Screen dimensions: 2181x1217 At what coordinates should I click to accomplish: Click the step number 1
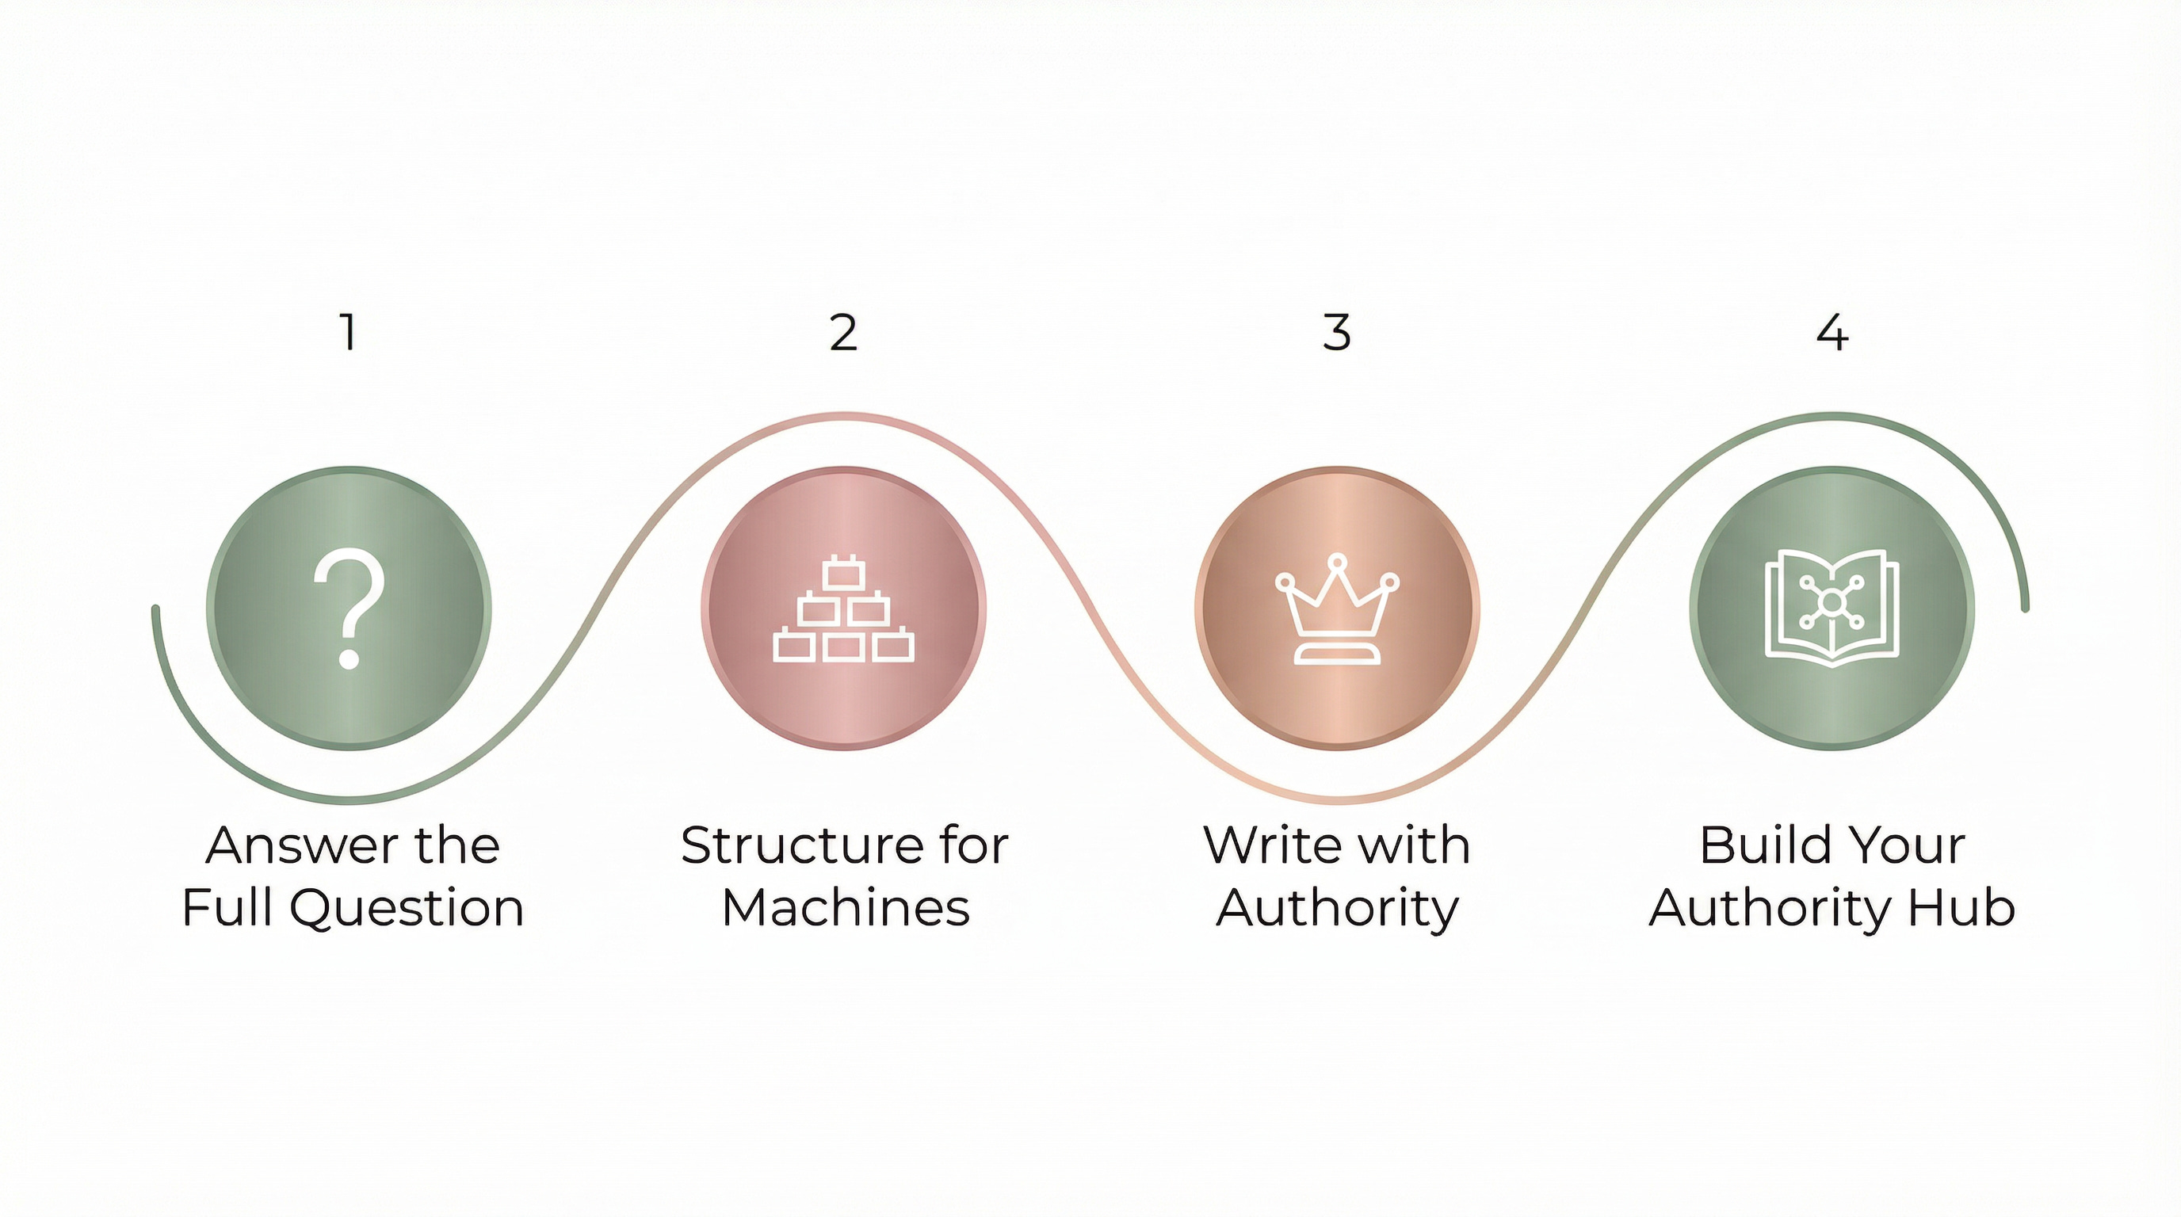[x=348, y=332]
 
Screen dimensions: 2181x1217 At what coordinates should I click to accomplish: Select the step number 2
[x=843, y=332]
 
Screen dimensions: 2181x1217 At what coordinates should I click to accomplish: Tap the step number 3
[x=1337, y=332]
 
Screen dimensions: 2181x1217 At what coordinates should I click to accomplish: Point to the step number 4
[x=1832, y=332]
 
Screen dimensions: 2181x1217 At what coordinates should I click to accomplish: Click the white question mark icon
[x=349, y=608]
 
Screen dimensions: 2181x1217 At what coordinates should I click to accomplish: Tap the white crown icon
[x=1337, y=609]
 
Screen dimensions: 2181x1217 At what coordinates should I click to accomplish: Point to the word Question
[x=407, y=909]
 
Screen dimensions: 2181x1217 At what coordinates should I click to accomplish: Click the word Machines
[x=846, y=907]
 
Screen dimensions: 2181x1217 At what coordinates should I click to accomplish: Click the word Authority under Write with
[x=1337, y=909]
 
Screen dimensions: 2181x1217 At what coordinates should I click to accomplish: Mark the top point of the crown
[x=1337, y=561]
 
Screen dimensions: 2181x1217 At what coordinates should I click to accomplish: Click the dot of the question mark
[x=349, y=658]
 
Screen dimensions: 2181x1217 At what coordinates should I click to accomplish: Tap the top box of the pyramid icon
[x=842, y=574]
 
